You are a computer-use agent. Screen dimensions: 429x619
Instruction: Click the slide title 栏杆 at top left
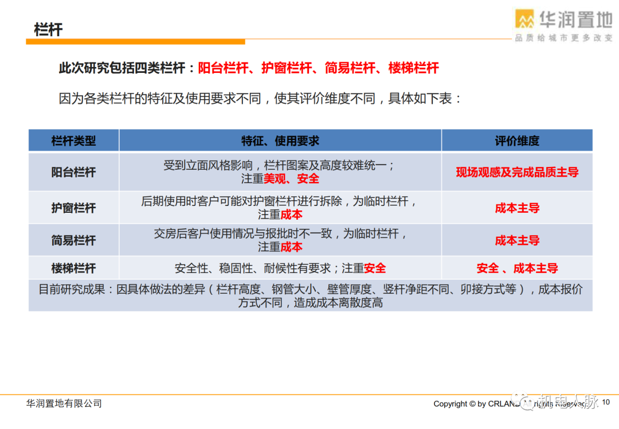pos(48,30)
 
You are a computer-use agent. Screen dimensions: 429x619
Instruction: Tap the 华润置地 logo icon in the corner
pos(524,19)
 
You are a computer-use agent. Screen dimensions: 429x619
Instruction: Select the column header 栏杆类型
pos(73,141)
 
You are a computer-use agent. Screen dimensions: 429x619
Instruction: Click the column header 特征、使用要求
pos(280,141)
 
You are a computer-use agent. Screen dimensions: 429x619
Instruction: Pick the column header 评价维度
pos(517,141)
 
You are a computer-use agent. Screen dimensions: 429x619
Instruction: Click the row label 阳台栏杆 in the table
pos(73,172)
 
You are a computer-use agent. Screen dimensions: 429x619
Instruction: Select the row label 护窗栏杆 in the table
pos(73,208)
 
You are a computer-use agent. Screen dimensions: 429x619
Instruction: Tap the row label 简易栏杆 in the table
pos(73,240)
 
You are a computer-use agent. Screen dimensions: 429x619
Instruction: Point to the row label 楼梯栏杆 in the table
pos(73,268)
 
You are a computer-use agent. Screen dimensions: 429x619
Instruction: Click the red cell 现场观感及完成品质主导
pos(517,172)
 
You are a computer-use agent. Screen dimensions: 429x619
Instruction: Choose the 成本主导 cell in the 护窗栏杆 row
pos(517,208)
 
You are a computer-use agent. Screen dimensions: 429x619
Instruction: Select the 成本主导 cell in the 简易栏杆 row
pos(517,240)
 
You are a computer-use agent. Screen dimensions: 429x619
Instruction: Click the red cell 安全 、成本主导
pos(517,268)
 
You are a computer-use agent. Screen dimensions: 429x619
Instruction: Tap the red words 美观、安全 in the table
pos(291,179)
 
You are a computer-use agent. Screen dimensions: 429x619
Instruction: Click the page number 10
pos(606,403)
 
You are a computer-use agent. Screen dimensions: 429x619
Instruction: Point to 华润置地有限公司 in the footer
pos(64,404)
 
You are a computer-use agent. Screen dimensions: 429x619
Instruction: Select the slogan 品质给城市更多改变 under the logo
pos(563,38)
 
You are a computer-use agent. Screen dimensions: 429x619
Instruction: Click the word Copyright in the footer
pos(450,404)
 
